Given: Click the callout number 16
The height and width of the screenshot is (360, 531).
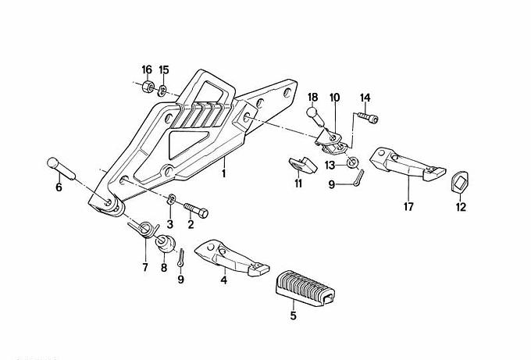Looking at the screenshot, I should [x=147, y=70].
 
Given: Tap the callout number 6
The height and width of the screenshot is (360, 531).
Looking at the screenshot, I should [x=57, y=187].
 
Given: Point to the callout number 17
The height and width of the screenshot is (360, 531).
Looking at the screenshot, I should [x=409, y=207].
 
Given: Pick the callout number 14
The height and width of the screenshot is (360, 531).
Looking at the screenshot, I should [x=365, y=98].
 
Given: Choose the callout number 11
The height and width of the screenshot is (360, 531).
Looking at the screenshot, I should [x=298, y=184].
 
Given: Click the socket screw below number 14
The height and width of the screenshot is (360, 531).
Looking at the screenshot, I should [x=367, y=118].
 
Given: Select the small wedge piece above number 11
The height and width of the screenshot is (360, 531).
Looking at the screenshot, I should [x=298, y=163].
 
